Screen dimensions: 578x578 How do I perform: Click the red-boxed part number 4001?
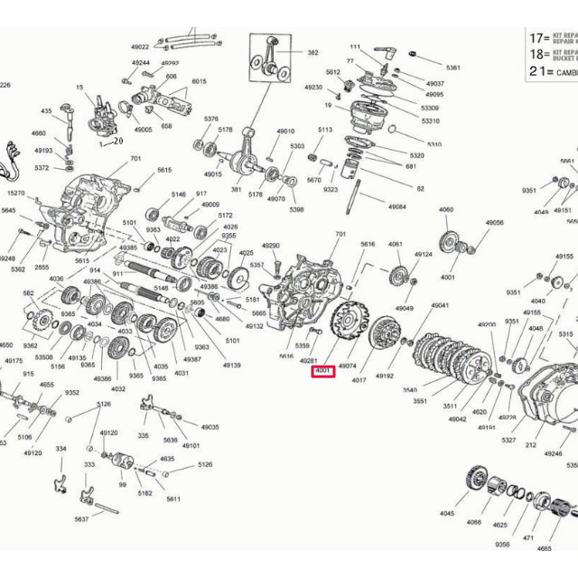click(x=322, y=371)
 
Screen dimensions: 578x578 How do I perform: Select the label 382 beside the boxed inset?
click(x=312, y=53)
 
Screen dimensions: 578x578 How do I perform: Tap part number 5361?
click(x=452, y=68)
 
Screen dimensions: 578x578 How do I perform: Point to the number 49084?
click(x=396, y=207)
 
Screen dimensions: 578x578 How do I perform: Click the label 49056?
click(x=494, y=222)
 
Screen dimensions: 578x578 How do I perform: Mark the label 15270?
click(x=16, y=193)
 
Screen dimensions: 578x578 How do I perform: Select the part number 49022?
click(x=140, y=46)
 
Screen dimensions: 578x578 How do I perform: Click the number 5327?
click(x=508, y=440)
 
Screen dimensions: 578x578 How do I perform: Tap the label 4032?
click(x=118, y=388)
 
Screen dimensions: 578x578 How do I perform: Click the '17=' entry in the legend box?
click(x=540, y=38)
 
